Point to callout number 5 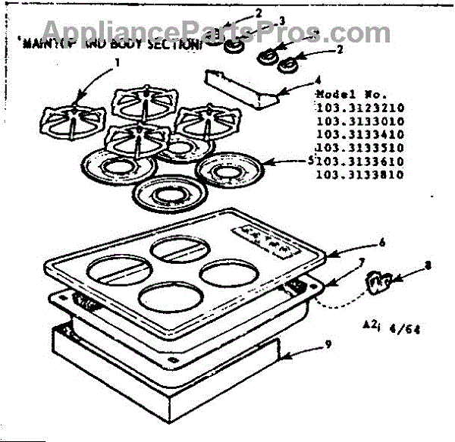coord(312,160)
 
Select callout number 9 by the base coord(327,344)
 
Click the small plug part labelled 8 coord(377,284)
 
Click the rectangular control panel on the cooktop coord(262,243)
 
